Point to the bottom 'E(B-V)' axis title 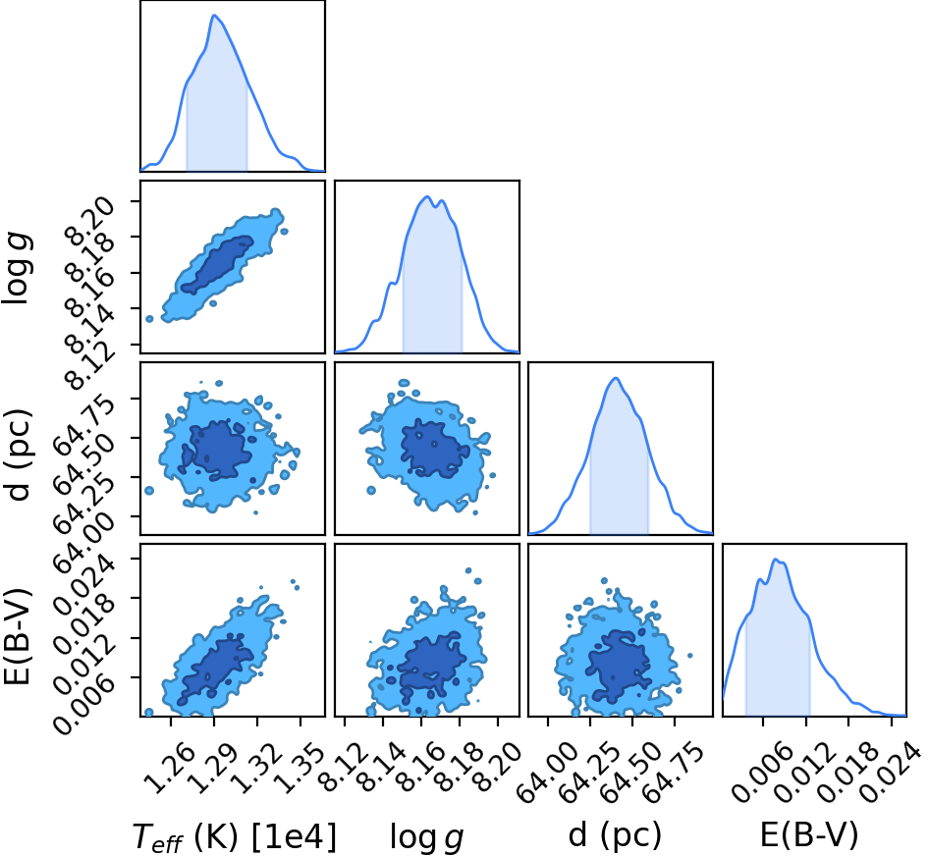(808, 835)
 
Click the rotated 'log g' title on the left (18, 269)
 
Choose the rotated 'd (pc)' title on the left (18, 454)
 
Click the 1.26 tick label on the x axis (169, 768)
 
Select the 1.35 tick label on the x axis (300, 768)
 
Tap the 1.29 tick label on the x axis (213, 768)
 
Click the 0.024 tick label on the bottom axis (889, 772)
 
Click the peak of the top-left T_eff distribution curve (214, 16)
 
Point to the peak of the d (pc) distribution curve (616, 378)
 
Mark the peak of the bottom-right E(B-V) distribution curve (775, 559)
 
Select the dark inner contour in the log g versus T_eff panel (217, 265)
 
